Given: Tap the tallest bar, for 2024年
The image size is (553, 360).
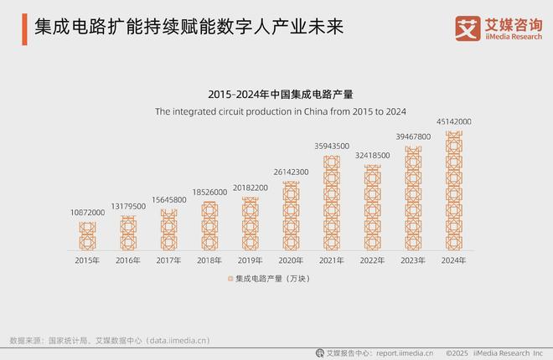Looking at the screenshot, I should click(x=453, y=191).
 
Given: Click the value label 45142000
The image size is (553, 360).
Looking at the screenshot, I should click(x=453, y=121).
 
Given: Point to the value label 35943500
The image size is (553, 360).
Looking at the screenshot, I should click(x=331, y=146).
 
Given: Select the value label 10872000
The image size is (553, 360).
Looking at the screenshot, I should click(x=87, y=213).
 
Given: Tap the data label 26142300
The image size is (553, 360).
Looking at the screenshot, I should click(x=291, y=172).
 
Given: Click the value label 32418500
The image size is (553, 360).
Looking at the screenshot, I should click(x=372, y=155).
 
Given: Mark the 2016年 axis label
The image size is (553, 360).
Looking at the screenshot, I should click(x=128, y=260).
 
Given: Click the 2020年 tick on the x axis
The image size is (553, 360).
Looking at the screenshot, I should click(x=291, y=260).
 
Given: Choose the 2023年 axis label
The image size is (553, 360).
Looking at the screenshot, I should click(x=413, y=260).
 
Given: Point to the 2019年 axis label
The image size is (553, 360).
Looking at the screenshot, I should click(x=250, y=260).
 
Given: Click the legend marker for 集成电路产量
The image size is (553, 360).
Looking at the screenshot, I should click(x=230, y=278).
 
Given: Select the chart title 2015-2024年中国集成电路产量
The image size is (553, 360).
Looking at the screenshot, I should click(x=276, y=95).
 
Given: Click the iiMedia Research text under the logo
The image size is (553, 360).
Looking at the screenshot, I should click(x=509, y=35).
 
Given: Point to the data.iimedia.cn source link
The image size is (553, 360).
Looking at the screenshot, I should click(x=178, y=341).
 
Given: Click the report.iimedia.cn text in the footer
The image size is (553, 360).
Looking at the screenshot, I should click(x=405, y=352).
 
